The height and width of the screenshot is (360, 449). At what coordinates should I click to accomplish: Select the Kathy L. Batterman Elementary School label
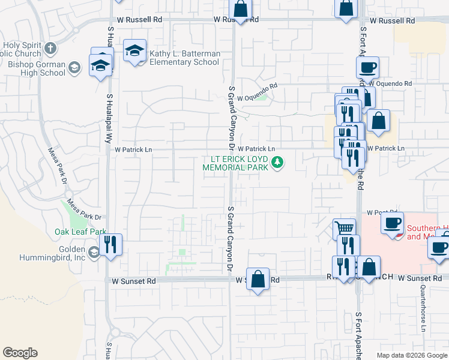[184, 58]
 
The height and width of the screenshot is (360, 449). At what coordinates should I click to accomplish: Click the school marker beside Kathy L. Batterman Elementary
[135, 52]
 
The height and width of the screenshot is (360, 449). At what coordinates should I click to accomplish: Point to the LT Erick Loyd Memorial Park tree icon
[277, 162]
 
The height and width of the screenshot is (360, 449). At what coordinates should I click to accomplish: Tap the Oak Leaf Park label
[80, 232]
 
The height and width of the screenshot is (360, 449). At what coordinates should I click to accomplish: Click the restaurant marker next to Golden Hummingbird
[110, 245]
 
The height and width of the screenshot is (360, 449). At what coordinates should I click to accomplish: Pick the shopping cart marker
[345, 229]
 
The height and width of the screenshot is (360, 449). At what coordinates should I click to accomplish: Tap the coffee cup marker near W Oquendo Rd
[368, 67]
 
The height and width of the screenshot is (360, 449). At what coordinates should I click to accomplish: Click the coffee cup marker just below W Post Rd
[392, 224]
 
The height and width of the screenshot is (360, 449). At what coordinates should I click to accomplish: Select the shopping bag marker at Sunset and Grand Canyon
[258, 279]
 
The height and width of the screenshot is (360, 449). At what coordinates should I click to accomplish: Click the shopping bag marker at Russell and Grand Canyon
[240, 10]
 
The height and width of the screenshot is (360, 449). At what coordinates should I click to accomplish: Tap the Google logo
[20, 353]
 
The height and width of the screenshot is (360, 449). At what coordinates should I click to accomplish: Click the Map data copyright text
[411, 355]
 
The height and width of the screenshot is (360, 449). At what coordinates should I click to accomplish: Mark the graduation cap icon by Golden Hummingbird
[93, 253]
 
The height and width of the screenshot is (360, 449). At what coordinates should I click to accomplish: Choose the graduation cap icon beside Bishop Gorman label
[74, 68]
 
